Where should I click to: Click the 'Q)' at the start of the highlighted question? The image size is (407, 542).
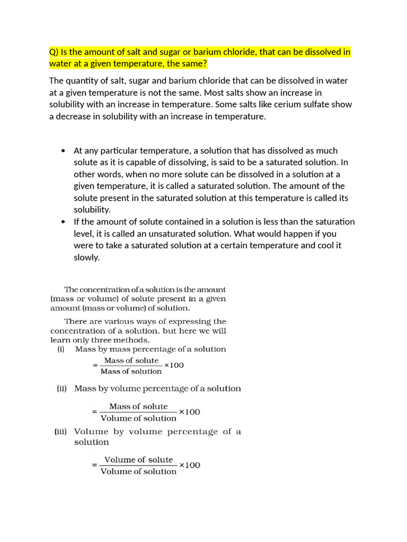point(54,52)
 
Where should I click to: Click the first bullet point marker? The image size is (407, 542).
point(64,151)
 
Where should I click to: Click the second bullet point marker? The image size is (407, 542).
point(64,222)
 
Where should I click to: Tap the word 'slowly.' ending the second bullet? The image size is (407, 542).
point(86,257)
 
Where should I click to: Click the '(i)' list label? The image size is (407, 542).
point(61,349)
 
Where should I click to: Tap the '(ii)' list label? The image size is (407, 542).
point(62,389)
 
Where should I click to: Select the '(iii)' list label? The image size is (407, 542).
point(63,431)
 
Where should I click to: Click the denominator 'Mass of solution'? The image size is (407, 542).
point(131,371)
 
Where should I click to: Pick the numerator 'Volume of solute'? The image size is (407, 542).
point(138,459)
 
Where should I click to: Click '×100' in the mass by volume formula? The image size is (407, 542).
point(189,412)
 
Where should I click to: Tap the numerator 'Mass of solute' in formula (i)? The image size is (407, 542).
point(131,360)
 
